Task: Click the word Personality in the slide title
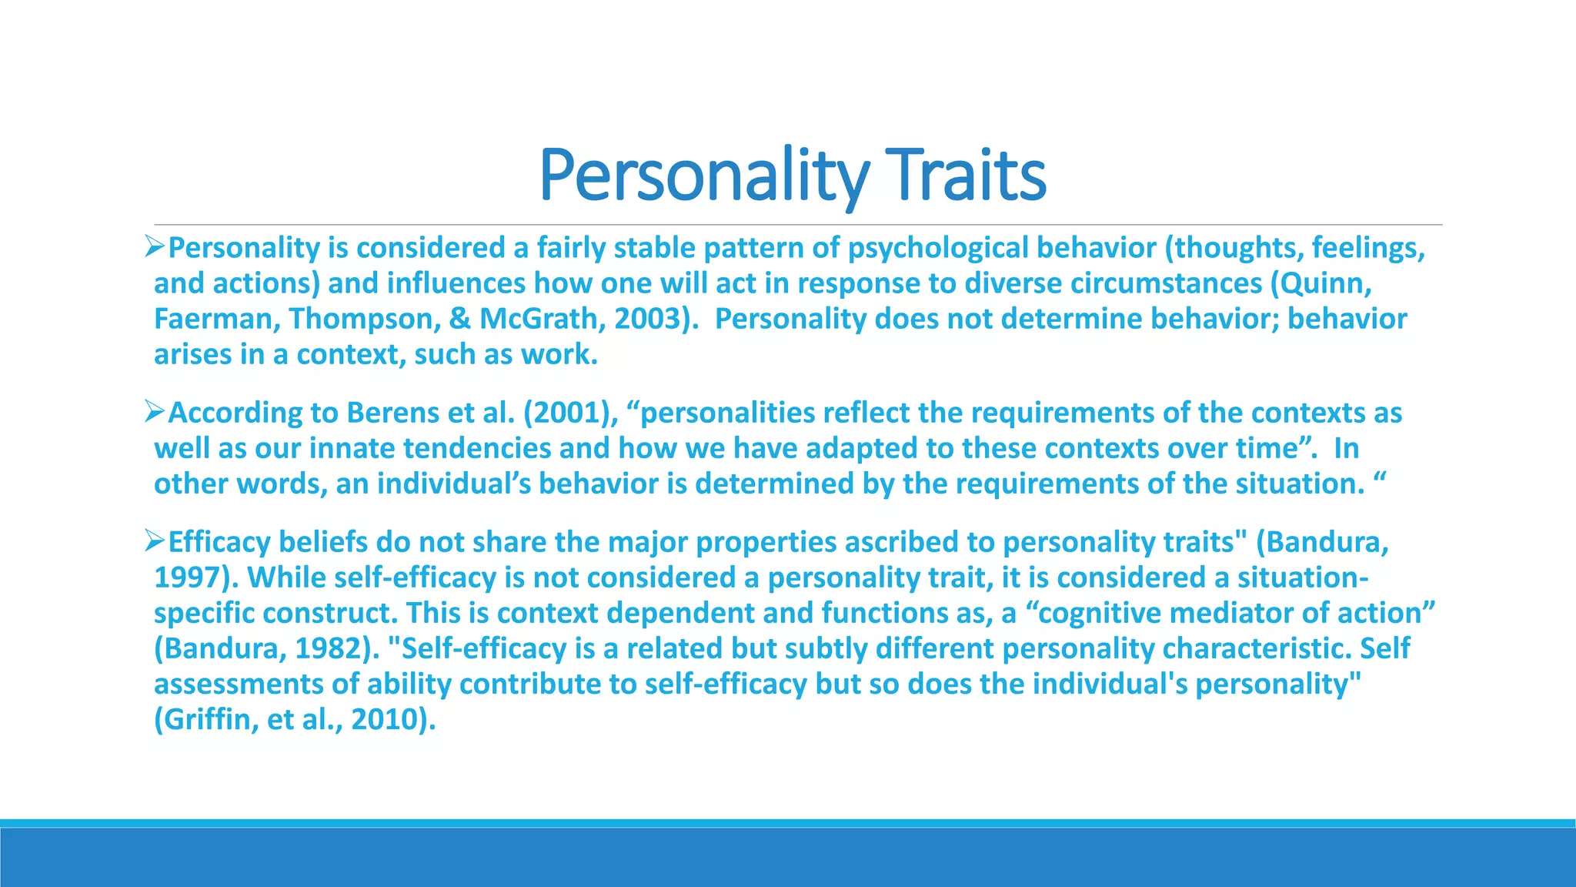click(x=703, y=175)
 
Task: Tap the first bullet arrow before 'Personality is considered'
click(x=155, y=247)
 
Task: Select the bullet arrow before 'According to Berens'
click(x=155, y=412)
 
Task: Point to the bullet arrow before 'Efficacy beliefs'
click(x=155, y=541)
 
